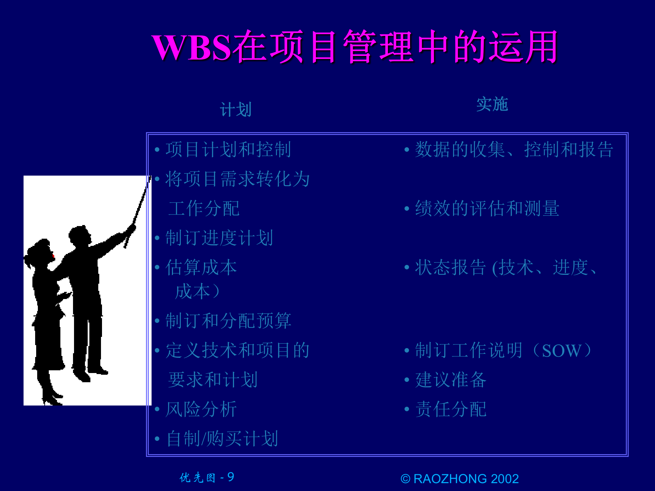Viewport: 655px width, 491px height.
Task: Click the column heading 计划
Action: [235, 110]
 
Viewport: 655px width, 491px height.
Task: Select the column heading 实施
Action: [492, 104]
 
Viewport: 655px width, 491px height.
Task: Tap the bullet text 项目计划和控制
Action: [228, 149]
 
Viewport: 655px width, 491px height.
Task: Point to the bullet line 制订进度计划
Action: [219, 238]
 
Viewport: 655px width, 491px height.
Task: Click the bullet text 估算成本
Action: [201, 267]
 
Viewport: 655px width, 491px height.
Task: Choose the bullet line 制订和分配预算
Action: [228, 321]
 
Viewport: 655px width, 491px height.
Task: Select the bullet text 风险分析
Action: [201, 409]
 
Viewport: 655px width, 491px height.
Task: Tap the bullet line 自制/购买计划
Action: [222, 438]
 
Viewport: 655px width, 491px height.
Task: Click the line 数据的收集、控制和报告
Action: [514, 149]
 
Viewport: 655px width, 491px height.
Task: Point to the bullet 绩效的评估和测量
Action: [487, 208]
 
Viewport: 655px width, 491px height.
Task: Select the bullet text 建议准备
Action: [451, 380]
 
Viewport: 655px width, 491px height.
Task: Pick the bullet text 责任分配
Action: [451, 409]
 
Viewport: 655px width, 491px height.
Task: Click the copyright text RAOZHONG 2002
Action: [466, 479]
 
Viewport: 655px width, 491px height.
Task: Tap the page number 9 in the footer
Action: [231, 477]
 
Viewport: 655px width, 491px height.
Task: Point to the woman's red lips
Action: [53, 256]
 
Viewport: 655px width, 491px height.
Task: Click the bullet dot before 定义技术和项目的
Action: [157, 351]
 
